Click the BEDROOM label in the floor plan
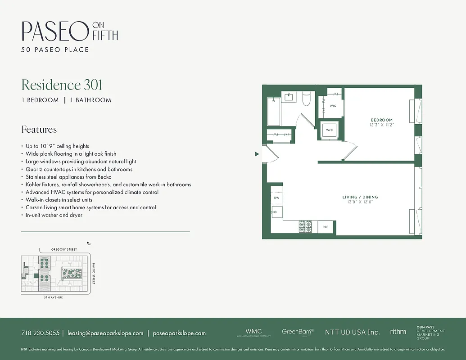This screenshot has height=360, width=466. tap(381, 120)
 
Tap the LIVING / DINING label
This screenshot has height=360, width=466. tap(360, 197)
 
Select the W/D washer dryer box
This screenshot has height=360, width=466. tap(329, 130)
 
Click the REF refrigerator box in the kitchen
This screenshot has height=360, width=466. tap(326, 227)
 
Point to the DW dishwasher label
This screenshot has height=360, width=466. tap(276, 198)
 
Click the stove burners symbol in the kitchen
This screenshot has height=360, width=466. tap(305, 227)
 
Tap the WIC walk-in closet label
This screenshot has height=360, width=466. tap(333, 106)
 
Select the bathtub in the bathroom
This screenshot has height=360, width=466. tap(274, 112)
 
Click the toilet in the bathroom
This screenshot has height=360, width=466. tap(307, 99)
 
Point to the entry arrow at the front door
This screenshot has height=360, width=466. tap(257, 154)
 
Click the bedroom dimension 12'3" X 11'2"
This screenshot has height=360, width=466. tap(381, 125)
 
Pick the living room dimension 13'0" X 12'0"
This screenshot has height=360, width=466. tap(360, 202)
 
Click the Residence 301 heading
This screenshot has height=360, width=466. tap(62, 85)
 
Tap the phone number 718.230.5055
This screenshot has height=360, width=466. tap(40, 333)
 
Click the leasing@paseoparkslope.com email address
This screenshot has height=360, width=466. tap(105, 333)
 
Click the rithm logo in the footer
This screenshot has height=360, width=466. tap(398, 332)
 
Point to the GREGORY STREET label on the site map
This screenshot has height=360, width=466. tap(64, 249)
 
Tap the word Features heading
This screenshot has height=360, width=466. tap(39, 130)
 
